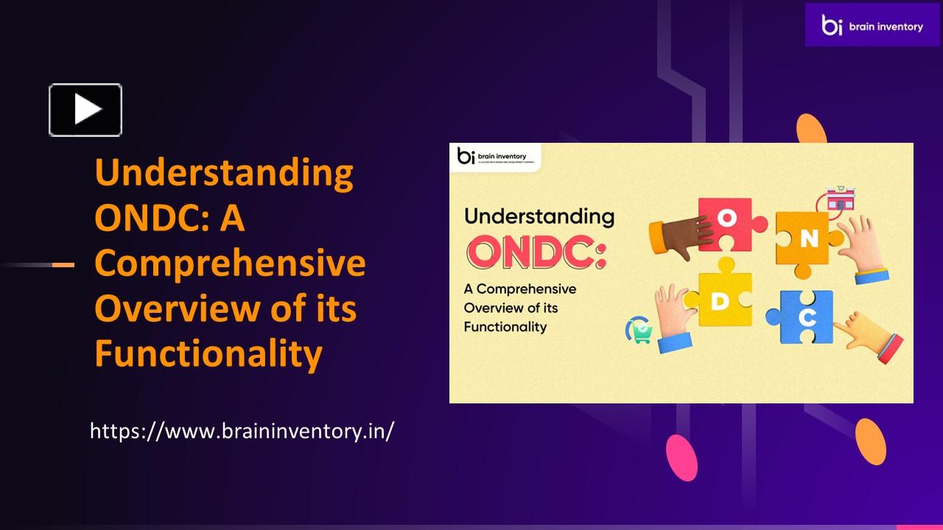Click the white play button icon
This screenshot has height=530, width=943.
[x=85, y=110]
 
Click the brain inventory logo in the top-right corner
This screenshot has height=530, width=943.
[x=872, y=26]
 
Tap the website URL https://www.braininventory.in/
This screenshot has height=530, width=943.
[x=242, y=431]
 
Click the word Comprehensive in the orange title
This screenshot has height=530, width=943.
[x=230, y=264]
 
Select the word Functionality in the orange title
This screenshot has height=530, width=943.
[x=208, y=354]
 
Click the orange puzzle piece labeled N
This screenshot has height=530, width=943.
[x=808, y=238]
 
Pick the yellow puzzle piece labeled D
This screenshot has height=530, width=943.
[x=721, y=300]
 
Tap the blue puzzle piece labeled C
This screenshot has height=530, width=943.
[x=805, y=317]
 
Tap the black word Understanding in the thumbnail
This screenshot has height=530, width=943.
[x=539, y=216]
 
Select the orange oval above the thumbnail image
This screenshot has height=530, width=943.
[x=811, y=130]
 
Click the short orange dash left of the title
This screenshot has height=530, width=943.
[x=63, y=264]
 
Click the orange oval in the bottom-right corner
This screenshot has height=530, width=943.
[x=871, y=441]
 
